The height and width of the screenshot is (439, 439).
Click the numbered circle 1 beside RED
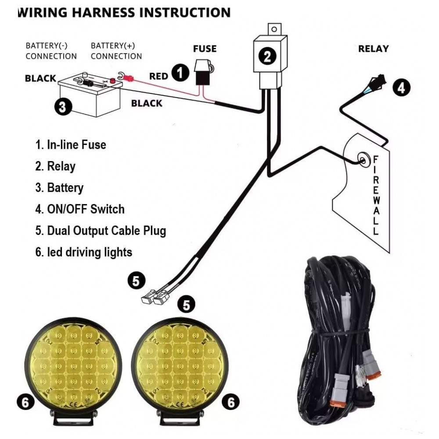tap(180, 73)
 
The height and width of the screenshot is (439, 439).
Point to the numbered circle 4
tap(401, 87)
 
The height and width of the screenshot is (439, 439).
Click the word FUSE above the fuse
tap(205, 48)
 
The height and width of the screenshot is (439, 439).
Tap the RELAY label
tap(373, 48)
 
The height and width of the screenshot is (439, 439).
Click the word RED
tap(158, 76)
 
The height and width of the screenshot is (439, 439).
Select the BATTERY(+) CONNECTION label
tap(116, 51)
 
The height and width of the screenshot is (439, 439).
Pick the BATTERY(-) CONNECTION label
tap(51, 51)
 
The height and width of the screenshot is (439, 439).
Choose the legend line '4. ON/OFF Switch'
tap(80, 209)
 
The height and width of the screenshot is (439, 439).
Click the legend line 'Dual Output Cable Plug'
tap(101, 230)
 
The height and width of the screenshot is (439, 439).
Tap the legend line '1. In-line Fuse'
tap(71, 144)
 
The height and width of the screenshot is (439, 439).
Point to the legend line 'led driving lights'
tap(84, 252)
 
